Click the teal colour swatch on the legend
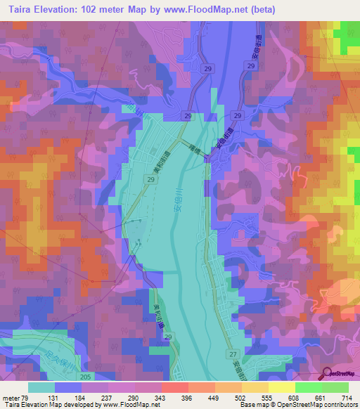click(41, 387)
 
